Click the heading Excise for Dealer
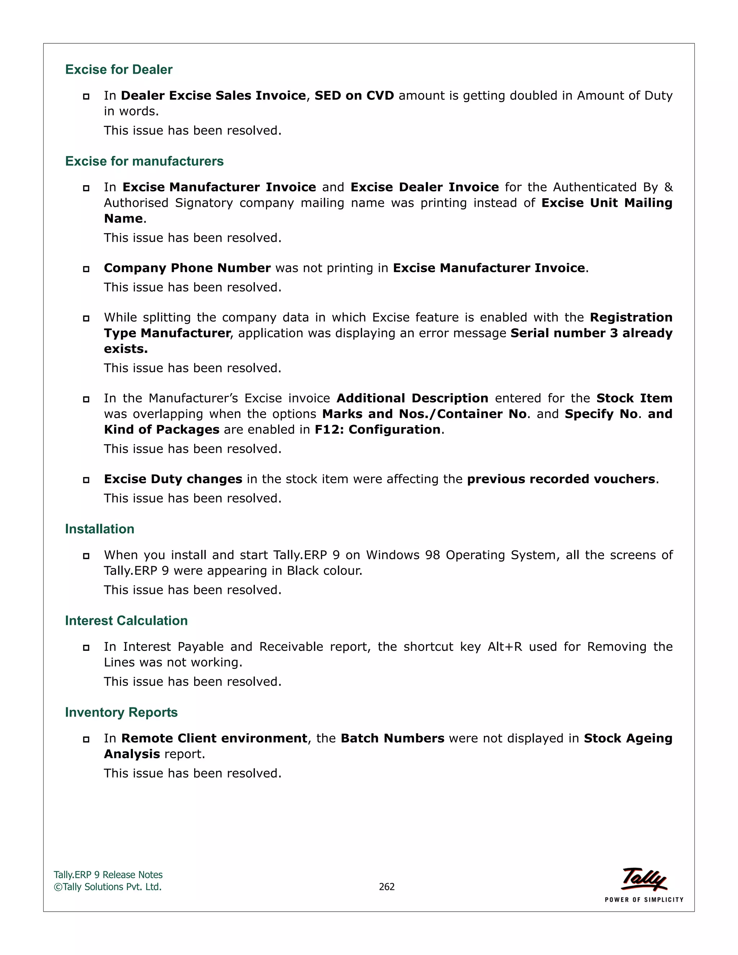point(119,70)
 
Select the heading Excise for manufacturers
point(144,161)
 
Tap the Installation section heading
point(100,529)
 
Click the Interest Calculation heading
point(126,621)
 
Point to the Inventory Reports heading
point(121,712)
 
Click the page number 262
point(387,887)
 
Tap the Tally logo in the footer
point(644,879)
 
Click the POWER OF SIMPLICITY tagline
point(644,900)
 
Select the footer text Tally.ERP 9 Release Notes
point(108,875)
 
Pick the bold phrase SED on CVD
point(354,96)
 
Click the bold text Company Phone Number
point(187,268)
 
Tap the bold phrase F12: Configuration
point(377,430)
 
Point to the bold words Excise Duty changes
point(173,479)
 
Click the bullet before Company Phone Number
point(86,269)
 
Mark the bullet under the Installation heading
point(86,556)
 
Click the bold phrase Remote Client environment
point(214,738)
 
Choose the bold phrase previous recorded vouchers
point(561,479)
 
